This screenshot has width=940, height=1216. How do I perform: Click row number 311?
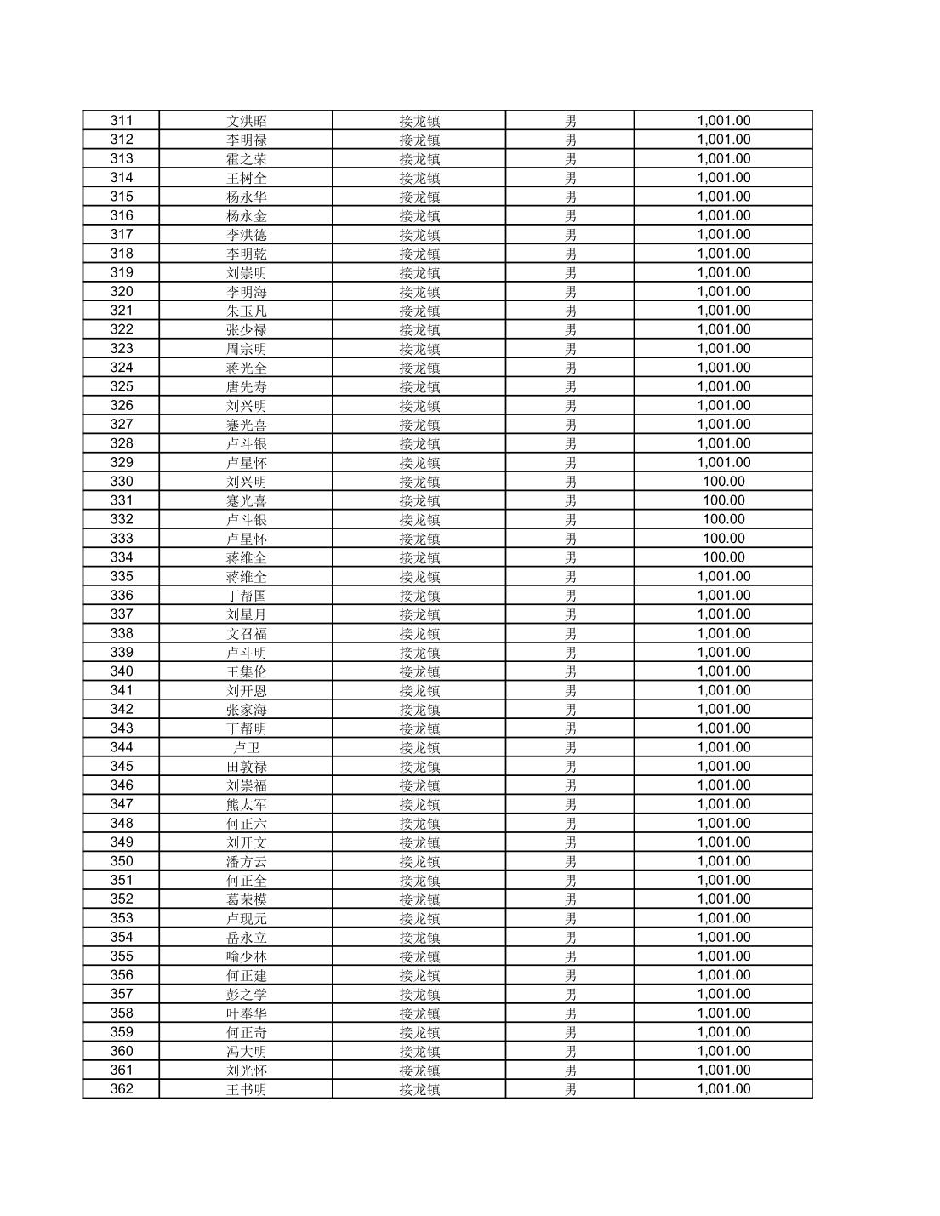[x=122, y=121]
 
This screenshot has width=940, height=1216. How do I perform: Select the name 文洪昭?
[x=247, y=121]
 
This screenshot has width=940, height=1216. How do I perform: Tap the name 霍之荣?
[x=247, y=159]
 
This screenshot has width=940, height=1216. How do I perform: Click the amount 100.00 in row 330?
[x=723, y=482]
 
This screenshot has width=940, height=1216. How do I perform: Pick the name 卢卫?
[x=247, y=747]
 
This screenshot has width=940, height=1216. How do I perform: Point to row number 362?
[x=122, y=1089]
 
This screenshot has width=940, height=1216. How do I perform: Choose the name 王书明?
[x=247, y=1089]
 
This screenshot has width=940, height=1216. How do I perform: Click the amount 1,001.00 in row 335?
[x=723, y=576]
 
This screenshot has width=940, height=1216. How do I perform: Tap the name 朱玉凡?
[x=247, y=311]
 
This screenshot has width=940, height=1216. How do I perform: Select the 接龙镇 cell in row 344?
[x=419, y=747]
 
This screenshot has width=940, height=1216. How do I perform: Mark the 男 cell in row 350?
[x=570, y=861]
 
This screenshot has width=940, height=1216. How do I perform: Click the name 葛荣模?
[x=247, y=899]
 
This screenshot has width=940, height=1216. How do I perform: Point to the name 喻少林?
[x=247, y=956]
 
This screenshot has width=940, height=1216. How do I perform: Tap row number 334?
[x=122, y=557]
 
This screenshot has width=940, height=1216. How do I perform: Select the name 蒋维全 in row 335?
[x=247, y=576]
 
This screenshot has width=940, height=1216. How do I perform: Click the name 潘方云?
[x=247, y=861]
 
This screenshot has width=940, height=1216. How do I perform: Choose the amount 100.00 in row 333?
[x=723, y=539]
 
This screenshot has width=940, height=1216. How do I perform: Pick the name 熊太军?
[x=247, y=804]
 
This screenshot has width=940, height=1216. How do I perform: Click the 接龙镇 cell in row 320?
[x=419, y=292]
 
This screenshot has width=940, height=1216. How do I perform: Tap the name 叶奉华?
[x=247, y=1013]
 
